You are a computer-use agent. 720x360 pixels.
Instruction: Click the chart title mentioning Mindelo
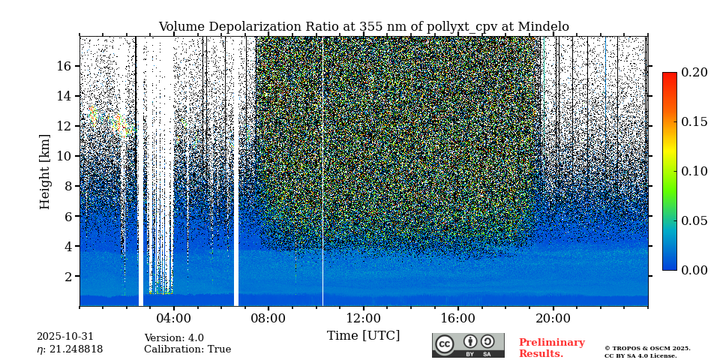364,27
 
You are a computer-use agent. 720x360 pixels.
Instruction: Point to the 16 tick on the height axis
64,66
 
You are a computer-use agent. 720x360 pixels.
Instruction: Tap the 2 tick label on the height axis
67,276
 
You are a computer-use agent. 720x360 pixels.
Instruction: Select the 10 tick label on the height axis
64,156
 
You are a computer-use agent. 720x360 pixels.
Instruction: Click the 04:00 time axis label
173,318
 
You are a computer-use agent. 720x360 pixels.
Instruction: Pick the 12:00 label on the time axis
363,318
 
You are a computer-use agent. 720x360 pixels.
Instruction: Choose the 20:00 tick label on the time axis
553,318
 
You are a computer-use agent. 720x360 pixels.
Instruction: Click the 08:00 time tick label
268,318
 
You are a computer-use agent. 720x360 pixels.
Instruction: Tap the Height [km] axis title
45,171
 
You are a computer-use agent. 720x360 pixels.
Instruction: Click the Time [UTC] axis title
363,335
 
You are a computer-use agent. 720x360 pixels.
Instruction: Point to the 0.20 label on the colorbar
694,73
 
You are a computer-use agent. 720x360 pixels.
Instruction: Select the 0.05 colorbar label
694,220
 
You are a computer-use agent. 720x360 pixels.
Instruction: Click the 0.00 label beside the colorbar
694,270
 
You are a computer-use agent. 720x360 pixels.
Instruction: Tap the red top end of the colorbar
669,76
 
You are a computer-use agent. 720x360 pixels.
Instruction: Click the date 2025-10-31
65,337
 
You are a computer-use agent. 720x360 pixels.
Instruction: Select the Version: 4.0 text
174,338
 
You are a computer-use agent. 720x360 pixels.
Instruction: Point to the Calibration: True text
187,349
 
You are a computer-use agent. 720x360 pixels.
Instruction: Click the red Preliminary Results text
551,348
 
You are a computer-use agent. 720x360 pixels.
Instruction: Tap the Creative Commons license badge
468,345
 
